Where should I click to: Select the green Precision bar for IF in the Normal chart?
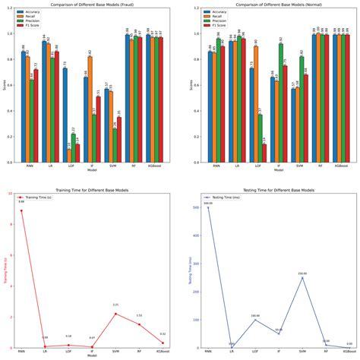(281, 103)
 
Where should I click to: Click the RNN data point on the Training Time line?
(21, 211)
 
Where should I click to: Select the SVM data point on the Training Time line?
(115, 314)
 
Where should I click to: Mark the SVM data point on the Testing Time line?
(302, 277)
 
